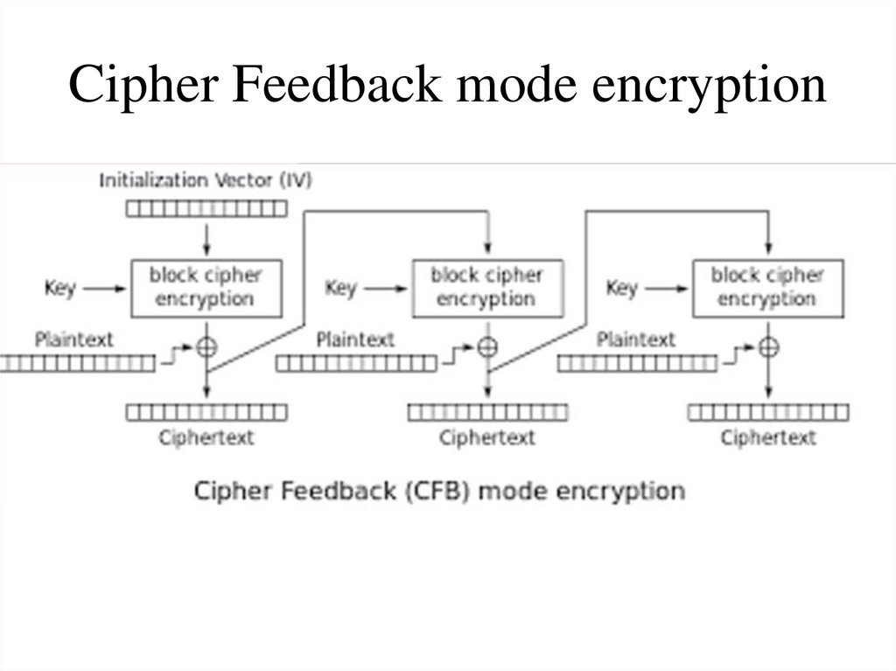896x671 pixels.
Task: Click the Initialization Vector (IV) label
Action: [206, 181]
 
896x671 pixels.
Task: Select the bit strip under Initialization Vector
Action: [206, 208]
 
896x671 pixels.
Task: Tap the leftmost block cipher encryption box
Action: [206, 288]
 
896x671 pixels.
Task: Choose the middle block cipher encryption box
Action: [486, 288]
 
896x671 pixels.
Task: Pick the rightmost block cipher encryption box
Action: [767, 288]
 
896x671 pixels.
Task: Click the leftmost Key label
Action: [59, 287]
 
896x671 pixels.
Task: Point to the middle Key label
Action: [340, 287]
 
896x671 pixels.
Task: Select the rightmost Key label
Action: [621, 287]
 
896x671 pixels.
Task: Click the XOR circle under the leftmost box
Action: [206, 346]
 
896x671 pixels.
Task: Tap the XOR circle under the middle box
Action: [487, 346]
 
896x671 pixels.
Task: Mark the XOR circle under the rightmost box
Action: [768, 346]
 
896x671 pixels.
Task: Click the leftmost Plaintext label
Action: [74, 339]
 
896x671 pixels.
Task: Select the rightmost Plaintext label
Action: [636, 339]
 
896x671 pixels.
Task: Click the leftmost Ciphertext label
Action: [206, 437]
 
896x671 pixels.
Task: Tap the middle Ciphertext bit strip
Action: [487, 411]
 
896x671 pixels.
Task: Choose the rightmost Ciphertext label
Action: [767, 437]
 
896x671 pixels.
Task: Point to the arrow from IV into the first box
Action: [206, 238]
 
